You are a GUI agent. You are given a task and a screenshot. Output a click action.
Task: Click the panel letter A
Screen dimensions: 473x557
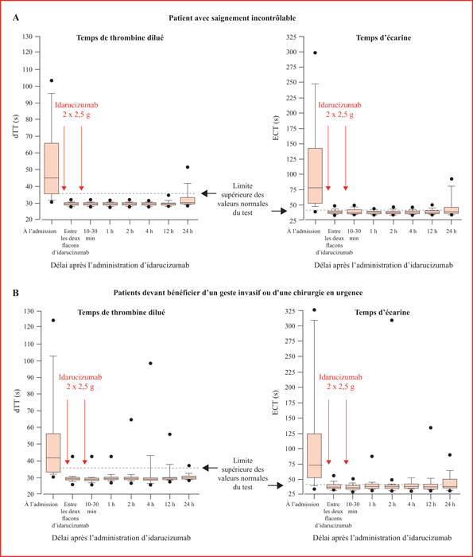point(16,18)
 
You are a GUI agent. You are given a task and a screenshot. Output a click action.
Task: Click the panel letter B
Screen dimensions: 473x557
point(16,293)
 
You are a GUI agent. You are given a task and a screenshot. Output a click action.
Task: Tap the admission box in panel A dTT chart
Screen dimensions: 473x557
point(52,169)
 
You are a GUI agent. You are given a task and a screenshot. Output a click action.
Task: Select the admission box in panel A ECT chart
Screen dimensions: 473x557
point(315,176)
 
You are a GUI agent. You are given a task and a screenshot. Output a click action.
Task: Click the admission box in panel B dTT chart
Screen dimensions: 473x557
point(53,453)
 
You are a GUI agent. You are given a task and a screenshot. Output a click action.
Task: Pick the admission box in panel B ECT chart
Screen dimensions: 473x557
point(314,455)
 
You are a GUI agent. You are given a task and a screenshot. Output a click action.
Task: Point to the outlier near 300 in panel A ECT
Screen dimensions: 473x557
point(315,53)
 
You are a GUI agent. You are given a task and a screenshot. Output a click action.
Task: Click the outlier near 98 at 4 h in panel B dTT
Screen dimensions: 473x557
point(150,364)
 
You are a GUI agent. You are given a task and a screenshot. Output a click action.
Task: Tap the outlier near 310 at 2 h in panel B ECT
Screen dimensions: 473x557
point(392,320)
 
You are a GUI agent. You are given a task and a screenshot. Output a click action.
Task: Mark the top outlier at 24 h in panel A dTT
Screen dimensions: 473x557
point(188,167)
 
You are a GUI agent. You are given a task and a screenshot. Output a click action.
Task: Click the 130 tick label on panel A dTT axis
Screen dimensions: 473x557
point(27,37)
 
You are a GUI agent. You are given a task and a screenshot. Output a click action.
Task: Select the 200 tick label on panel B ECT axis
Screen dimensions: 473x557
point(290,388)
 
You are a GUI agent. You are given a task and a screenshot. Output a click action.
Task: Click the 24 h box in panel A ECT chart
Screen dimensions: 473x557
point(452,210)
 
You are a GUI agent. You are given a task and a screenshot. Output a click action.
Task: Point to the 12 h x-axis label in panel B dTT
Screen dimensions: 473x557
point(169,504)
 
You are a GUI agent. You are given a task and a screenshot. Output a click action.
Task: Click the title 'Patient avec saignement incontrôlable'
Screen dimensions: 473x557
point(232,18)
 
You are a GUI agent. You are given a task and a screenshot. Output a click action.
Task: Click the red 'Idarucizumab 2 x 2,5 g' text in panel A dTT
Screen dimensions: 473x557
point(76,110)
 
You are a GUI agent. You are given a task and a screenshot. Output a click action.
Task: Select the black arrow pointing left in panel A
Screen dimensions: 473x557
point(209,193)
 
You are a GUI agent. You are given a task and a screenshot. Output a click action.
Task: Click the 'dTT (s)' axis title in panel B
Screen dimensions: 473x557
point(16,401)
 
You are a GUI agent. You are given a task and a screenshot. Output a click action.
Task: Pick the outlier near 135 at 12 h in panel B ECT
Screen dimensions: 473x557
point(431,428)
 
